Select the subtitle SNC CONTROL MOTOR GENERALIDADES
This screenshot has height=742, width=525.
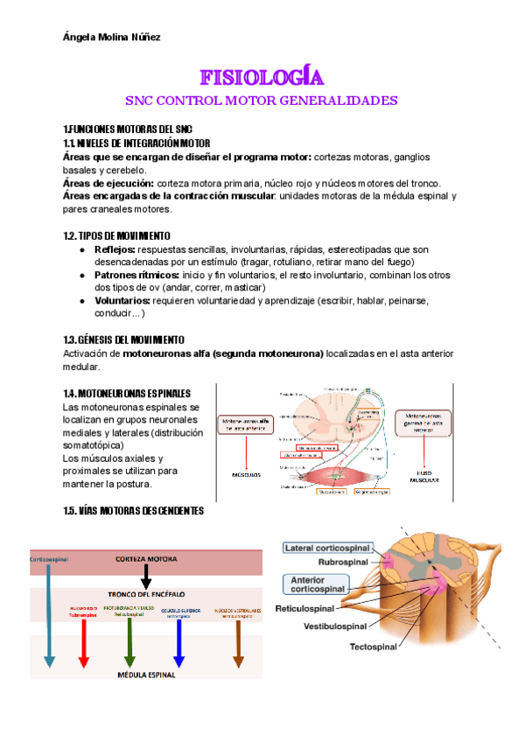262,101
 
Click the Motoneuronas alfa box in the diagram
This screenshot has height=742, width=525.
245,424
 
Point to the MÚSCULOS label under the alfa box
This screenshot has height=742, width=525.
246,477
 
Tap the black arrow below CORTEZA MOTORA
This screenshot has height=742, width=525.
146,574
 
